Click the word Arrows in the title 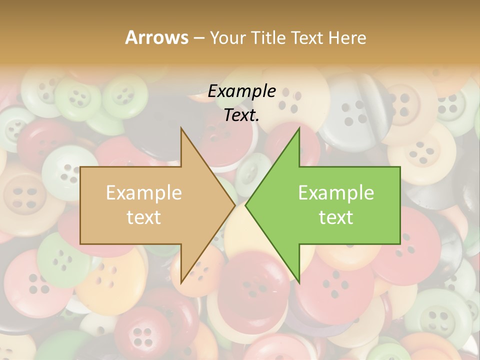tap(156, 37)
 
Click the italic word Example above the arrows tap(241, 91)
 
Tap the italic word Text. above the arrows tap(241, 115)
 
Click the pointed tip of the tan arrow tap(234, 205)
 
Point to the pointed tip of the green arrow tap(246, 205)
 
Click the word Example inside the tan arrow tap(143, 193)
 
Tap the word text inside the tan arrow tap(143, 217)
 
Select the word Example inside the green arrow tap(336, 193)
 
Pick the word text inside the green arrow tap(336, 217)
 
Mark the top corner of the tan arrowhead tap(181, 129)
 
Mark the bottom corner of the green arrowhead tap(299, 281)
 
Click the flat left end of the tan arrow tap(81, 205)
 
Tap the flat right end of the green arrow tap(399, 205)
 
